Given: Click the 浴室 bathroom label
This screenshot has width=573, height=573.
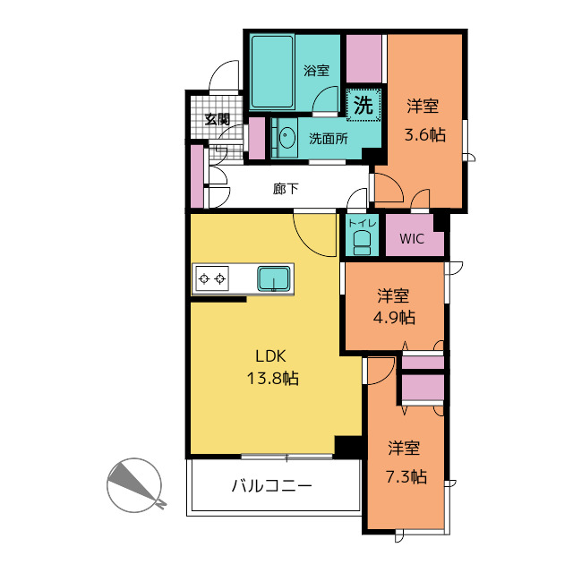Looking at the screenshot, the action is point(316,70).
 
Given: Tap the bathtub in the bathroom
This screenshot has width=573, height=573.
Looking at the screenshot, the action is point(272,72).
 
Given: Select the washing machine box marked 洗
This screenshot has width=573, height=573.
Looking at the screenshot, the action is point(363,106).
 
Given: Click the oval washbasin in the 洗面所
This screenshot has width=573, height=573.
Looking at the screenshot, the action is point(287,137).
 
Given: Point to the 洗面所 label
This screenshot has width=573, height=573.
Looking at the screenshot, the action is point(329,139).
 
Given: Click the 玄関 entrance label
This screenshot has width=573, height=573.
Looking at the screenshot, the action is point(217,119).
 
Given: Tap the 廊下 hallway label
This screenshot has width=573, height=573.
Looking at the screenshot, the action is point(286,189).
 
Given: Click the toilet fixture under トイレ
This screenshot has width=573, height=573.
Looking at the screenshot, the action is point(362,243).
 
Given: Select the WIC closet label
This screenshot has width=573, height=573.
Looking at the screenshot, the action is point(412,239).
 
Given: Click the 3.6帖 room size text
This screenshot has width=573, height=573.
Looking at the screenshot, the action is point(424,135).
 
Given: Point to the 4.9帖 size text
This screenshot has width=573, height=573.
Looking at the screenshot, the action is point(394,317).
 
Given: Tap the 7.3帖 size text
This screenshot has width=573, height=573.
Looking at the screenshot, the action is point(406,476).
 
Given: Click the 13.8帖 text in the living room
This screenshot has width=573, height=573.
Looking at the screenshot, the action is point(272,378).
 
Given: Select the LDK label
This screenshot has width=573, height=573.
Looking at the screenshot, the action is point(270,356).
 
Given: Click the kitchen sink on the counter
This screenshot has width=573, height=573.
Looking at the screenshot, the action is point(274,278).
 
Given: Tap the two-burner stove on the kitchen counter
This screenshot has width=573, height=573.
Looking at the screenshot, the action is point(212,278).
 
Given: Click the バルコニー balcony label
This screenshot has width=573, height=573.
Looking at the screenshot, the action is point(272,485).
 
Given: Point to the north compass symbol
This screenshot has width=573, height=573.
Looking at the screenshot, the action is point(134,485).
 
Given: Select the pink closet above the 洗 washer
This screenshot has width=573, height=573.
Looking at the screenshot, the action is point(364,58).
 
